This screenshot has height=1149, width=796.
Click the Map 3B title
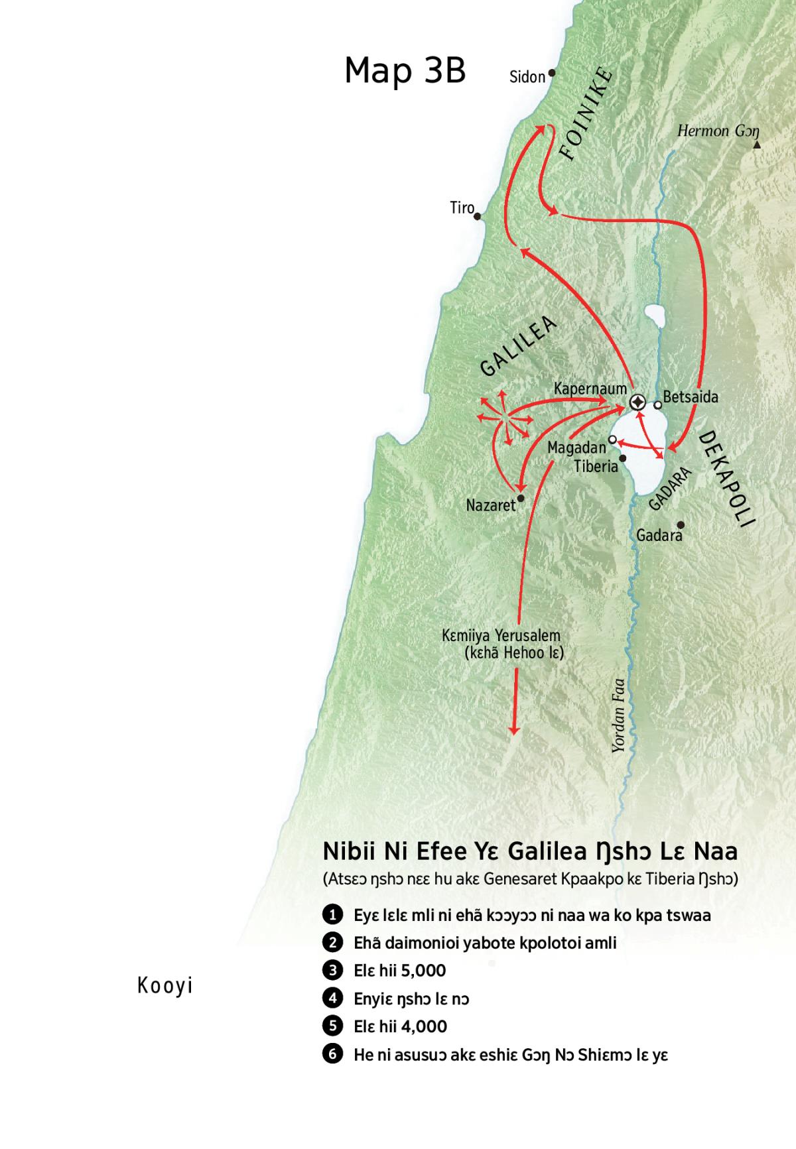405,70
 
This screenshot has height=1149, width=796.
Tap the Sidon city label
527,77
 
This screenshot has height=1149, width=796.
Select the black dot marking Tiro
477,216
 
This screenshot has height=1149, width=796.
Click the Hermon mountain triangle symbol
757,144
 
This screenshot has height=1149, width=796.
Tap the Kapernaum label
590,388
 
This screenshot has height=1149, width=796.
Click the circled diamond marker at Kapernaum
637,402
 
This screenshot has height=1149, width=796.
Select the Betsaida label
691,396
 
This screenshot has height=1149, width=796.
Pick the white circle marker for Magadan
612,440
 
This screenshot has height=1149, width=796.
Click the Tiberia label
596,466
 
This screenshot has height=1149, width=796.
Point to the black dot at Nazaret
521,498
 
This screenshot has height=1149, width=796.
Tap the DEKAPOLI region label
728,478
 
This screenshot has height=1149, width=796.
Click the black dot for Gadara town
681,525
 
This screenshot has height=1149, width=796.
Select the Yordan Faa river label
618,715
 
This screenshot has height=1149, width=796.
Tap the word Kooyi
165,986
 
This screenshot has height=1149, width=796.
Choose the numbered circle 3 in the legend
332,970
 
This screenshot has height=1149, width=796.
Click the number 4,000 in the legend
424,1026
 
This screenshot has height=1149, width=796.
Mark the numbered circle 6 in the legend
332,1054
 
